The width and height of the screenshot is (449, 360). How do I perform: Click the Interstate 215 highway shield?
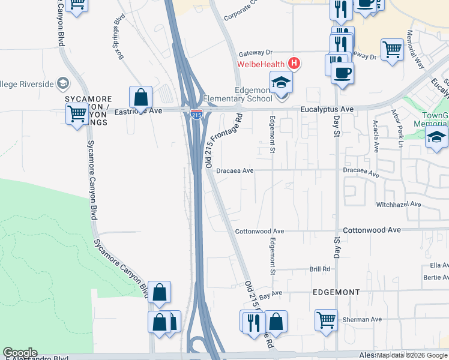[x=196, y=114]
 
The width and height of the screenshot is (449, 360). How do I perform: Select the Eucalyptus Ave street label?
[x=327, y=109]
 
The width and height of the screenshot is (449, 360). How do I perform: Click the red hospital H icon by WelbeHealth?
[x=294, y=62]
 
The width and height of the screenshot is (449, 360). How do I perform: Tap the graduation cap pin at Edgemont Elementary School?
[x=280, y=83]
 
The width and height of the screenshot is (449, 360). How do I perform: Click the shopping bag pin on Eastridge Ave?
[x=140, y=97]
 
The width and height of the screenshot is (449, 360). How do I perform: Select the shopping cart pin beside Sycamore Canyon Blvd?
[x=77, y=113]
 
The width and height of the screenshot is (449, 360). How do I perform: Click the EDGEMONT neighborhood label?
[x=337, y=292]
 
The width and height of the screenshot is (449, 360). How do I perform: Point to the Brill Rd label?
[x=320, y=269]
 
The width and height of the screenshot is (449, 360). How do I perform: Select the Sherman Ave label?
[x=363, y=320]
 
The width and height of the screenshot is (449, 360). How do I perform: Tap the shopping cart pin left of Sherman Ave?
[x=326, y=320]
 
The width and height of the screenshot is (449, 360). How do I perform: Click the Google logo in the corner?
[x=20, y=353]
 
